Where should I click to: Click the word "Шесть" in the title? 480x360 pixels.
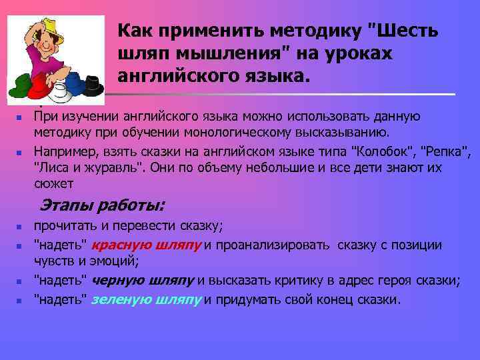[x=406, y=31]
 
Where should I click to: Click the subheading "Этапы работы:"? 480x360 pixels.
[x=103, y=204]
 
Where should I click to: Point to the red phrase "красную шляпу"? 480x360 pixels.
[x=147, y=245]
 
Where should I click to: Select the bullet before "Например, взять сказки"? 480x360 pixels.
[x=20, y=152]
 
